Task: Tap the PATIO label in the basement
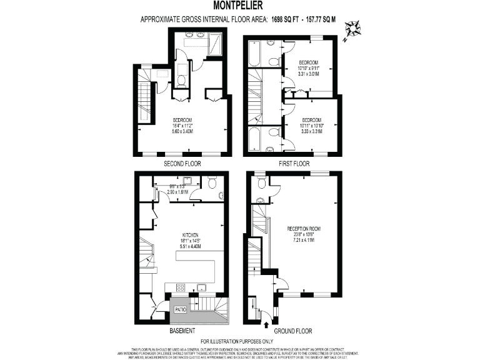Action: click(x=180, y=309)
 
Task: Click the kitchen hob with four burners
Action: click(x=180, y=287)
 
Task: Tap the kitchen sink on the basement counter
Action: click(x=202, y=287)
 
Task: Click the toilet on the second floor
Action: click(x=180, y=79)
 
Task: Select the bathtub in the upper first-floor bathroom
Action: click(x=254, y=54)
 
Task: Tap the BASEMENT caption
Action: click(x=182, y=331)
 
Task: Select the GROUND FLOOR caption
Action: click(x=293, y=331)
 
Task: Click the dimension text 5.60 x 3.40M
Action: click(x=182, y=131)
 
